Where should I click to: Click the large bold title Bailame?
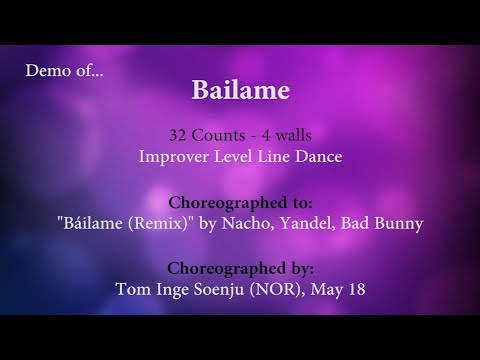[x=240, y=91]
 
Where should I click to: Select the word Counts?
[x=222, y=134]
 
